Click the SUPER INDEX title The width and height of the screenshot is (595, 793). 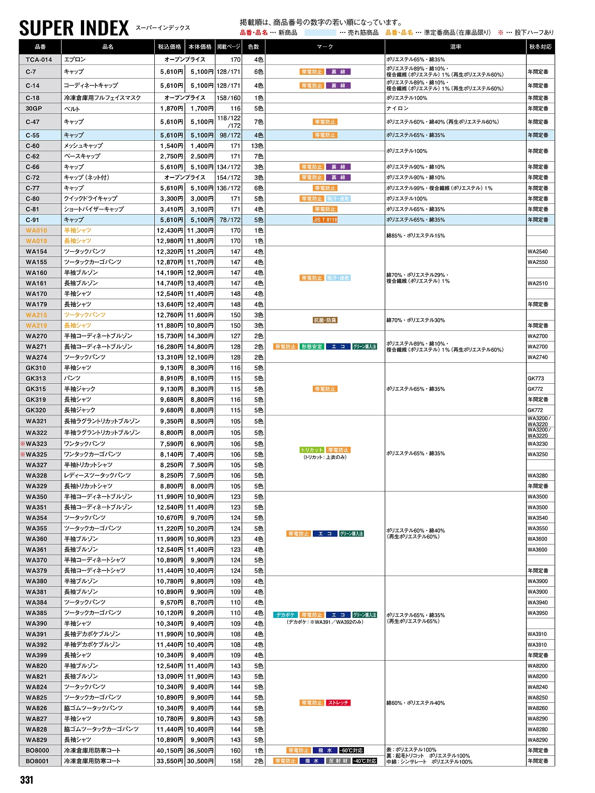pyautogui.click(x=74, y=28)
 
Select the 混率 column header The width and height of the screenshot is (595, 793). pyautogui.click(x=455, y=47)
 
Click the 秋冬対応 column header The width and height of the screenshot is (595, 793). pyautogui.click(x=540, y=47)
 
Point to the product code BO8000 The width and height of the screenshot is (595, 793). pyautogui.click(x=37, y=750)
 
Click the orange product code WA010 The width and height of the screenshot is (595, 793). pyautogui.click(x=36, y=230)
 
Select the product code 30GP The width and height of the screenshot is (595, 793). pyautogui.click(x=33, y=108)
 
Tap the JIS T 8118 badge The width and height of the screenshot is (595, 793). pyautogui.click(x=325, y=220)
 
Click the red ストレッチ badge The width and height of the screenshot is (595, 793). pyautogui.click(x=338, y=702)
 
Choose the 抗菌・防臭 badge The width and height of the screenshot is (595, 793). pyautogui.click(x=325, y=320)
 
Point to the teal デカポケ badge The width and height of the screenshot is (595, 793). pyautogui.click(x=285, y=615)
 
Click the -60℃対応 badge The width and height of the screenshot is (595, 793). pyautogui.click(x=351, y=750)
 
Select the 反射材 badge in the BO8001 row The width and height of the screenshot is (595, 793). pyautogui.click(x=338, y=761)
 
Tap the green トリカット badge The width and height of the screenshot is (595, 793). pyautogui.click(x=311, y=450)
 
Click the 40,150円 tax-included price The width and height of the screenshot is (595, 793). pyautogui.click(x=170, y=750)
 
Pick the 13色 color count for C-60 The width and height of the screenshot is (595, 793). pyautogui.click(x=257, y=146)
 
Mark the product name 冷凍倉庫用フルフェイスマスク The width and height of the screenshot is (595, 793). pyautogui.click(x=102, y=98)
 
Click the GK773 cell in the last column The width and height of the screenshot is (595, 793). pyautogui.click(x=535, y=379)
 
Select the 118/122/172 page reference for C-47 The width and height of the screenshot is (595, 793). pyautogui.click(x=229, y=122)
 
